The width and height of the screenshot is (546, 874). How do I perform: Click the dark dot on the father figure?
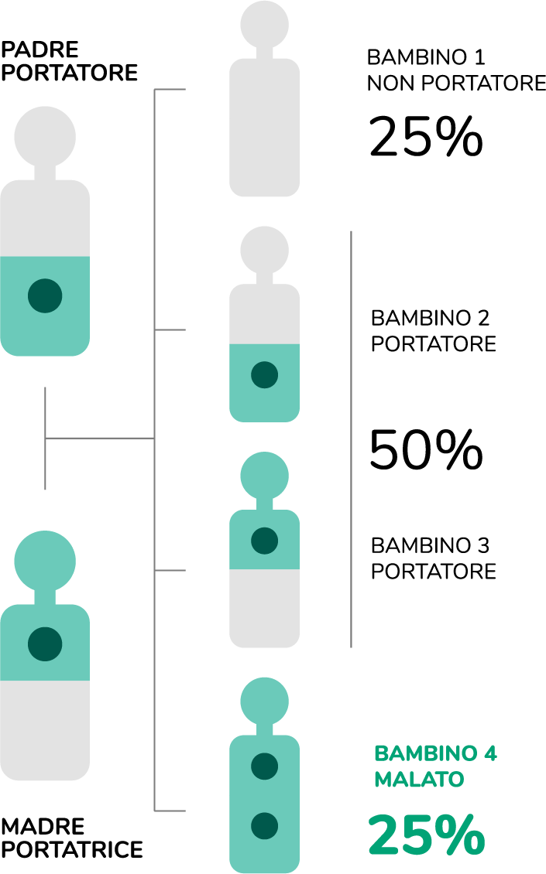point(45,296)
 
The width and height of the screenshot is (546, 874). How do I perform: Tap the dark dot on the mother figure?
point(45,643)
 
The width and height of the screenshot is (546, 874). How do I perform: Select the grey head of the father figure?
point(45,138)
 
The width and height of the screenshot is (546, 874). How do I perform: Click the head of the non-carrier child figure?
point(265,23)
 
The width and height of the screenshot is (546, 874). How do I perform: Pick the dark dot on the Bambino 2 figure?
point(265,374)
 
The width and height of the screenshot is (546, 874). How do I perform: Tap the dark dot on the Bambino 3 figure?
point(265,540)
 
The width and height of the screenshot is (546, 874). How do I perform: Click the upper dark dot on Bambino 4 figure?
point(265,766)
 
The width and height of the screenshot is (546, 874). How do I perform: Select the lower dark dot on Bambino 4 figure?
point(265,824)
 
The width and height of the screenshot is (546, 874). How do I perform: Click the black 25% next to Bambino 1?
point(425,138)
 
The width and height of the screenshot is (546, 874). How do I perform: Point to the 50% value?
point(425,451)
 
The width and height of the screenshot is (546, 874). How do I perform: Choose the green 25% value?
point(425,835)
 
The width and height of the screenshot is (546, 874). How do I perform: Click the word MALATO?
point(419,779)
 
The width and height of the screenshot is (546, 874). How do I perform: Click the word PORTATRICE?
point(72,849)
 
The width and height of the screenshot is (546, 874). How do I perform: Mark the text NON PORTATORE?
point(456,84)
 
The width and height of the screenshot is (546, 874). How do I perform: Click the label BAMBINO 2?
point(430,318)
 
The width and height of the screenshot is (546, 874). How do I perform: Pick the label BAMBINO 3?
point(430,545)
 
